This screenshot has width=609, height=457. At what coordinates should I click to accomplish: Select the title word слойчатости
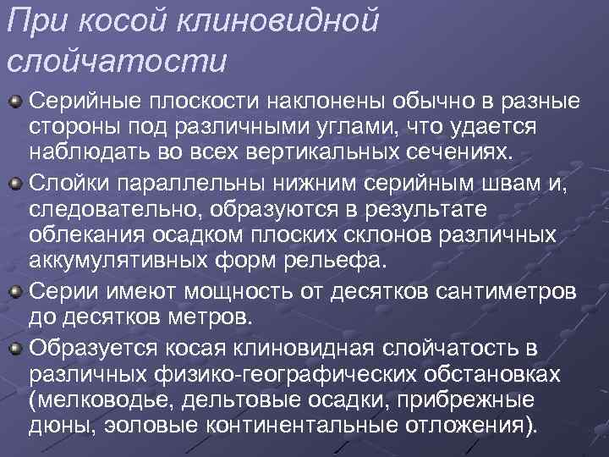[x=117, y=60]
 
